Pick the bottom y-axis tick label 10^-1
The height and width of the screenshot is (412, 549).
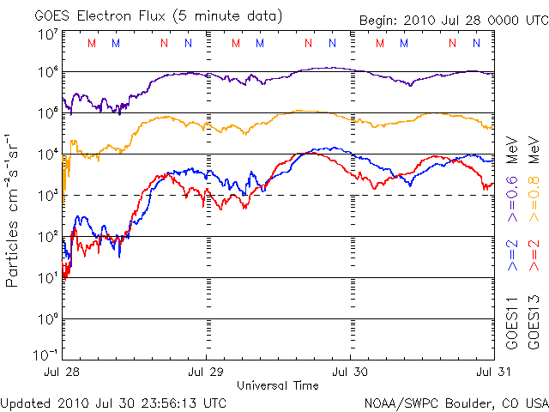(47, 355)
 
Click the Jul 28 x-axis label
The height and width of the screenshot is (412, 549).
(63, 372)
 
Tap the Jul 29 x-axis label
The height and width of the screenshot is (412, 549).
(207, 372)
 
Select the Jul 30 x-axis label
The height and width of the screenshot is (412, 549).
(351, 372)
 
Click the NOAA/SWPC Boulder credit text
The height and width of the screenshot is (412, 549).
(455, 403)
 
